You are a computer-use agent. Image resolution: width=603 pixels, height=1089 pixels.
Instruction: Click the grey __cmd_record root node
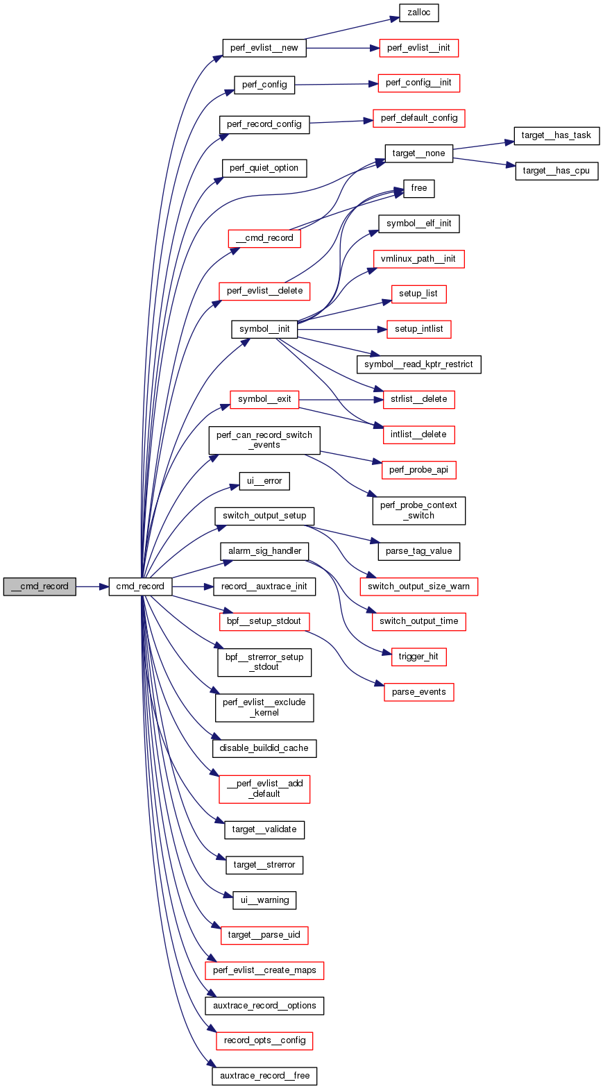point(40,586)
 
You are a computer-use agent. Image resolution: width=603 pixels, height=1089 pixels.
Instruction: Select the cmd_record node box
point(139,586)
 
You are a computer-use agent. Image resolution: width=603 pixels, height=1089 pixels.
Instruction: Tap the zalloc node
point(418,12)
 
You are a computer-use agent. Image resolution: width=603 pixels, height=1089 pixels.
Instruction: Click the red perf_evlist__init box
point(418,48)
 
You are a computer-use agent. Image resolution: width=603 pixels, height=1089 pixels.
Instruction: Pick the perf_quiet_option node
point(264,168)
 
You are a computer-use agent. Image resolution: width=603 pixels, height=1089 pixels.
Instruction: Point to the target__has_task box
point(556,135)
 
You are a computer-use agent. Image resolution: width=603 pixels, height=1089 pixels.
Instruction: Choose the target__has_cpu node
point(556,171)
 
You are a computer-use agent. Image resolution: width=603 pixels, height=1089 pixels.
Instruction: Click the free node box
point(418,188)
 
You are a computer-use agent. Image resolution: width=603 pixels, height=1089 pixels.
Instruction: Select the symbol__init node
point(264,329)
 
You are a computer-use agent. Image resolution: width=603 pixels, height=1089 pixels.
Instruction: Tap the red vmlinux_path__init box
point(418,259)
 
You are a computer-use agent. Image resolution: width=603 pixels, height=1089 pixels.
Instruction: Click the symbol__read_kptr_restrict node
point(418,364)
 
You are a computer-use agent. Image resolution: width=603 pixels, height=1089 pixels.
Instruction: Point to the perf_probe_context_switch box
point(418,510)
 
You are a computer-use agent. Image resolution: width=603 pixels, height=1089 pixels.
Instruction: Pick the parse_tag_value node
point(418,551)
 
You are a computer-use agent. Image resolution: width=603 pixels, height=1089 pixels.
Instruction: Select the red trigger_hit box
point(418,657)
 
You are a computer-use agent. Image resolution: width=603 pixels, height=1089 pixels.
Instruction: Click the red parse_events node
point(418,692)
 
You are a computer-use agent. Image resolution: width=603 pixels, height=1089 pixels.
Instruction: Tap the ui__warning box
point(264,900)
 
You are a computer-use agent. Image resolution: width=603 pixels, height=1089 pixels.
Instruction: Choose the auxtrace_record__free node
point(264,1076)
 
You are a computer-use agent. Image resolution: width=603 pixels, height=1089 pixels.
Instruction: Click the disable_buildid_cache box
point(264,748)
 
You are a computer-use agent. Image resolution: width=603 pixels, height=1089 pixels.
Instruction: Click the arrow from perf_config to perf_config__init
point(337,84)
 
